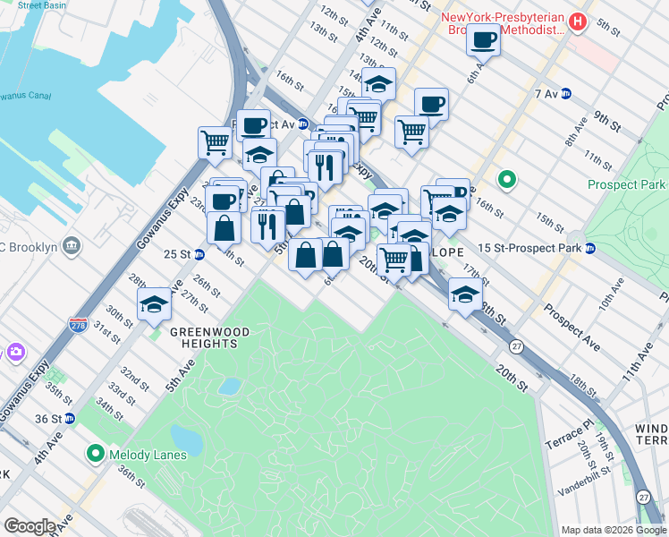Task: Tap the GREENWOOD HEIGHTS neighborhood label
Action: click(x=209, y=338)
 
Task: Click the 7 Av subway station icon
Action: click(x=566, y=94)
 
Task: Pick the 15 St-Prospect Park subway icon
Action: click(x=590, y=248)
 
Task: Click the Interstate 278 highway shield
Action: click(x=78, y=325)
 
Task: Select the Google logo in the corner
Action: click(x=30, y=526)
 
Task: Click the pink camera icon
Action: click(x=15, y=353)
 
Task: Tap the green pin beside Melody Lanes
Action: click(x=96, y=455)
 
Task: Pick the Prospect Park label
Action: click(x=627, y=185)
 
